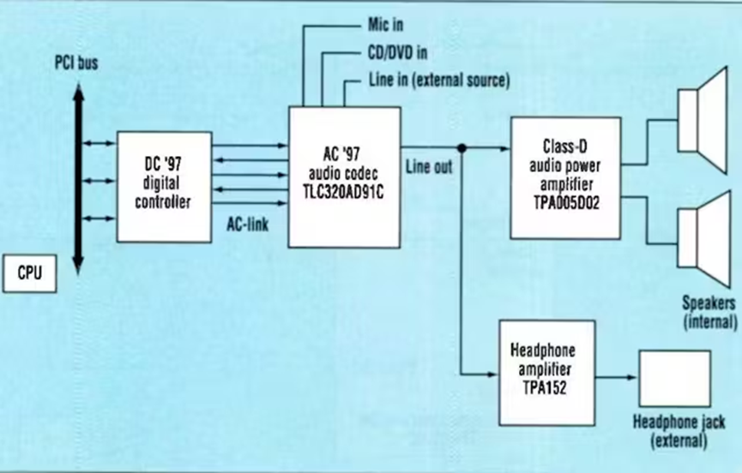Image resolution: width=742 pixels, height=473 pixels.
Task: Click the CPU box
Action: tap(29, 274)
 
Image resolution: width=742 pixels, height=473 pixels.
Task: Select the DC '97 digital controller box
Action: tap(164, 186)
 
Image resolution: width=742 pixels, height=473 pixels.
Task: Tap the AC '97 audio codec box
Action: tap(344, 176)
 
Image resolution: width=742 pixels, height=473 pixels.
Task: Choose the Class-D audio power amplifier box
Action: tap(564, 177)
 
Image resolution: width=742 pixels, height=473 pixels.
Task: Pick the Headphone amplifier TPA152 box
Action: tap(546, 373)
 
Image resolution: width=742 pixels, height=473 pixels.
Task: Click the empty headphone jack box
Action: tap(674, 378)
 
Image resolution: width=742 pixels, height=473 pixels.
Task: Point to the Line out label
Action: tap(429, 166)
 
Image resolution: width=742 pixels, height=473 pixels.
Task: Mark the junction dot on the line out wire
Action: tap(461, 148)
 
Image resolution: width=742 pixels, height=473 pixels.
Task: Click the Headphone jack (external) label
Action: tap(679, 432)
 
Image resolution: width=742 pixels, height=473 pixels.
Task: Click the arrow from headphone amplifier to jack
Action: tap(616, 377)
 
